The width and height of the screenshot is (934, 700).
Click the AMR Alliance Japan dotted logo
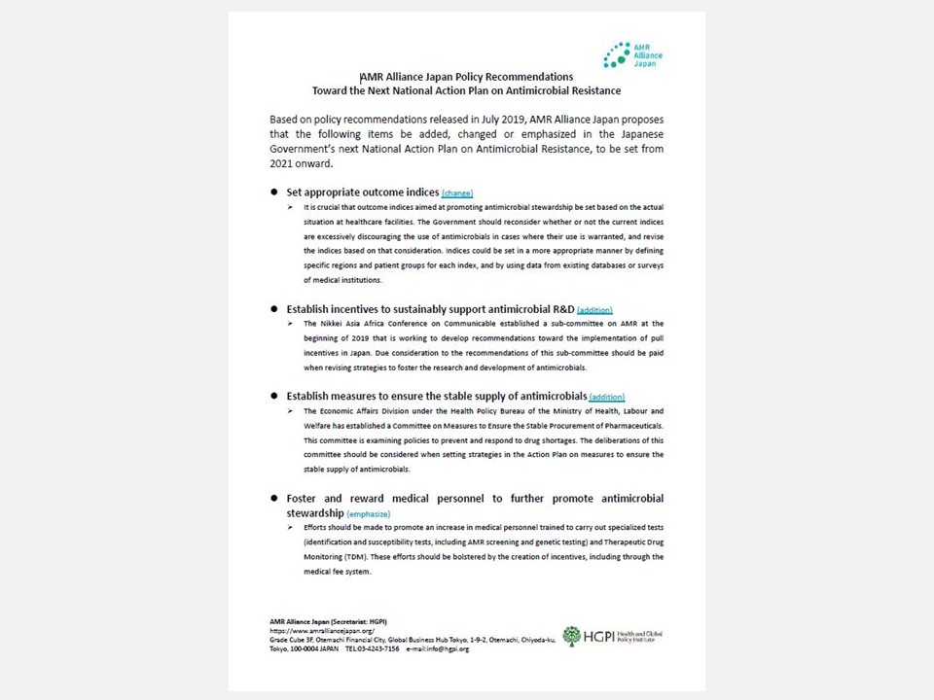point(615,54)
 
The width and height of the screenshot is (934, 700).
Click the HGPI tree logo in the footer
point(571,636)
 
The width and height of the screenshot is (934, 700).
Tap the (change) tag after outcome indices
point(457,193)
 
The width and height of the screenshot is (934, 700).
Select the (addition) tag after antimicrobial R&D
point(594,310)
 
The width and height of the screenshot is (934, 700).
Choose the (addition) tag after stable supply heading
point(606,398)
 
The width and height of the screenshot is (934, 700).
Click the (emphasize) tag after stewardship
point(369,513)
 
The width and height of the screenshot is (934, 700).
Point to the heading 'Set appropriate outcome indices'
point(362,192)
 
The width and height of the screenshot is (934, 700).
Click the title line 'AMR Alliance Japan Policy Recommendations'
point(466,77)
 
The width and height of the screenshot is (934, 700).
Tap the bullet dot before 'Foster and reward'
point(275,498)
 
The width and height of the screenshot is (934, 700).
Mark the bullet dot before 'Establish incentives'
point(275,309)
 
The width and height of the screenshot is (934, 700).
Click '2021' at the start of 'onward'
point(283,164)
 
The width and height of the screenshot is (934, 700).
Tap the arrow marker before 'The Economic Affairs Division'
point(290,411)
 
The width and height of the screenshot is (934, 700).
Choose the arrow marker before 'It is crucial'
point(290,208)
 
